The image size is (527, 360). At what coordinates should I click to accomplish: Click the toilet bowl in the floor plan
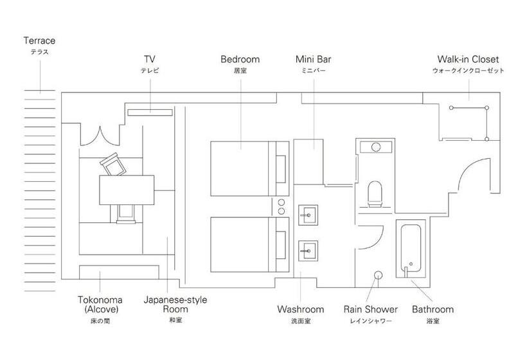click(x=375, y=194)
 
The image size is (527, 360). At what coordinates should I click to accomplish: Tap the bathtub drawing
click(x=411, y=248)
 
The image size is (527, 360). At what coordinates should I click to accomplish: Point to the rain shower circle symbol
click(x=379, y=275)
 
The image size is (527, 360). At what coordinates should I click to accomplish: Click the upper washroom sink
click(x=308, y=215)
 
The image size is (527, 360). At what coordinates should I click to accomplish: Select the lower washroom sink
click(x=308, y=251)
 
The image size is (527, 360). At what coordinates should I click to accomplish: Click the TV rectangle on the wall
click(x=150, y=113)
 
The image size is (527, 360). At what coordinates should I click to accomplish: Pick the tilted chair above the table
click(x=113, y=165)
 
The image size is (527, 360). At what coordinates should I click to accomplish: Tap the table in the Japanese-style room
click(x=127, y=190)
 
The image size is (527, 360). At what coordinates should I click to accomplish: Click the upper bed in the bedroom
click(x=250, y=168)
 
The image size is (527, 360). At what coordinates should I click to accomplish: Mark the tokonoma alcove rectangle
click(x=119, y=273)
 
